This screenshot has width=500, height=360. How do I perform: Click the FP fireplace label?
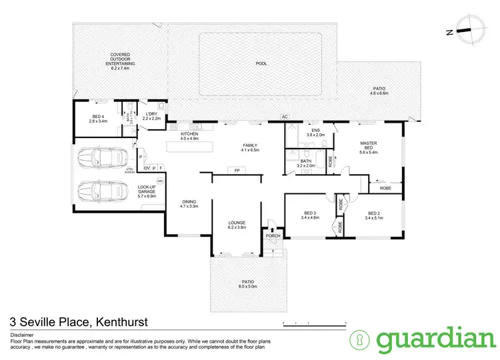point(236,171)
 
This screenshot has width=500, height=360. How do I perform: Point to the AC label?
point(284,117)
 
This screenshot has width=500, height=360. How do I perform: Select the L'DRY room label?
point(151,114)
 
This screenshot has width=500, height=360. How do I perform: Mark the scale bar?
point(311,323)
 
